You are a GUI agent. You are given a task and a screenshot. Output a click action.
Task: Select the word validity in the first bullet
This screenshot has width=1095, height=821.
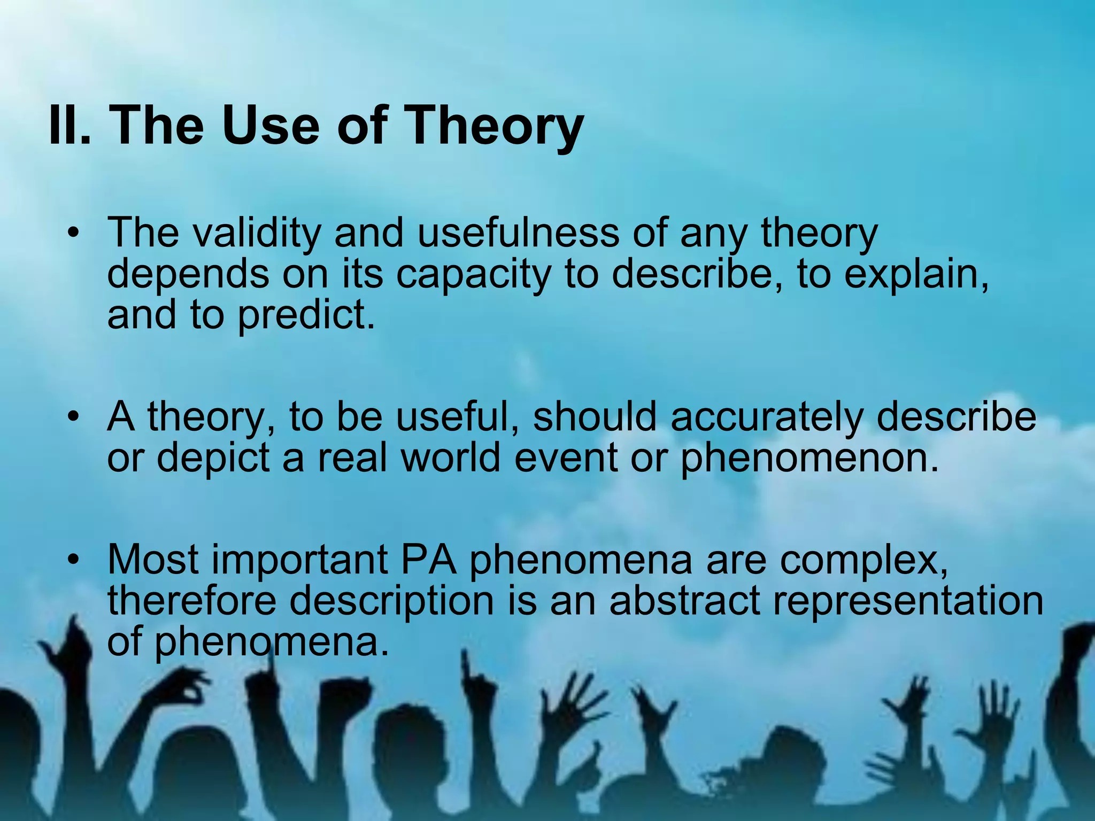(257, 233)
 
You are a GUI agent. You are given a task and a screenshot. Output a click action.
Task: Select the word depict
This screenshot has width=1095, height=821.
(213, 458)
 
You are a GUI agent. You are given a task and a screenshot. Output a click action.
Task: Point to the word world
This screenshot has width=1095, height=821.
(451, 458)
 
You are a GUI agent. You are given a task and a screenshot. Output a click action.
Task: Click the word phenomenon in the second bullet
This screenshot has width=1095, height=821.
(809, 459)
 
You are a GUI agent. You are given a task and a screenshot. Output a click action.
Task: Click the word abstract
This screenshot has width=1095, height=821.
(684, 600)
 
